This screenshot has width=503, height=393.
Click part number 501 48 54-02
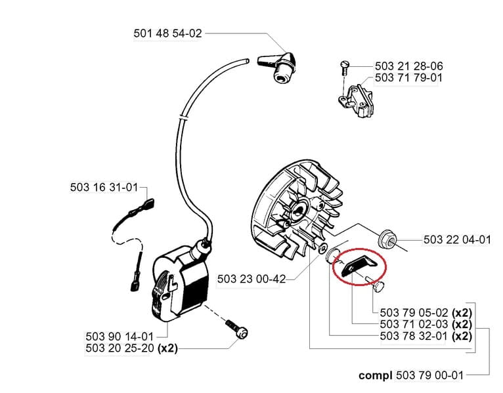point(167,33)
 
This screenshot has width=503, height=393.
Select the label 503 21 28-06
point(408,66)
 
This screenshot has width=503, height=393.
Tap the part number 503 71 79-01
point(408,77)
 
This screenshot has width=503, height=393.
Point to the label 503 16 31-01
point(104,187)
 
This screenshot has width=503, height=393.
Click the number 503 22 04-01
point(457,239)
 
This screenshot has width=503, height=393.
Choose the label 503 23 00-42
point(251,279)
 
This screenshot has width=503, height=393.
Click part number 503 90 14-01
point(120,337)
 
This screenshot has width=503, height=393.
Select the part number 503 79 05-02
point(414,312)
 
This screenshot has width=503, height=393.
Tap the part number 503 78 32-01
point(414,337)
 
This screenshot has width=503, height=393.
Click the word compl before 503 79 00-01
point(376,375)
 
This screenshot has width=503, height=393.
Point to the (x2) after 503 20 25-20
point(167,348)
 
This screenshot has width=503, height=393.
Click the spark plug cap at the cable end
point(277,67)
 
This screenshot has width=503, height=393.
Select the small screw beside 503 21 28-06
point(344,68)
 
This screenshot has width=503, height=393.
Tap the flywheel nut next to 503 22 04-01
point(386,239)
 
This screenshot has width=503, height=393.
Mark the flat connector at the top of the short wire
point(149,203)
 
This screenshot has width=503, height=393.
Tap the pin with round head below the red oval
point(378,285)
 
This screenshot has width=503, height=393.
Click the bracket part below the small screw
point(356,98)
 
